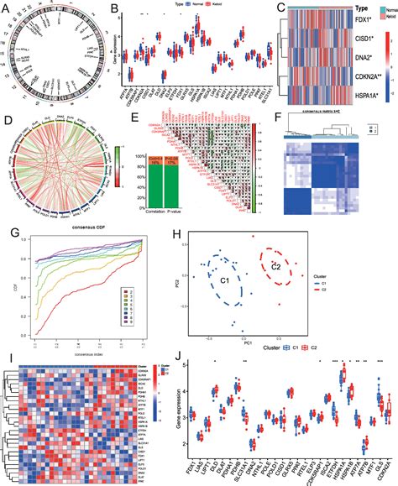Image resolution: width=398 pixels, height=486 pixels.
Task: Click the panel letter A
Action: [x=7, y=8]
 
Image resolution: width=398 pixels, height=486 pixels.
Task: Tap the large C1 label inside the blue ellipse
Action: [x=223, y=280]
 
